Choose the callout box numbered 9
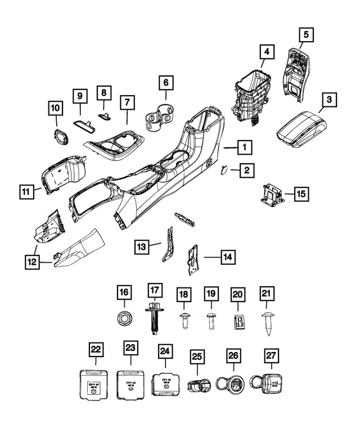click(x=80, y=97)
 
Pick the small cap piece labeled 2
click(x=223, y=168)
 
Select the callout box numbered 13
click(x=142, y=245)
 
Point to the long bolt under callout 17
click(x=154, y=317)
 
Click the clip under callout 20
click(x=238, y=322)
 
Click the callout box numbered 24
click(x=164, y=352)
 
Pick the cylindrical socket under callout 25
click(x=197, y=386)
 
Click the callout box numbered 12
click(x=31, y=262)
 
